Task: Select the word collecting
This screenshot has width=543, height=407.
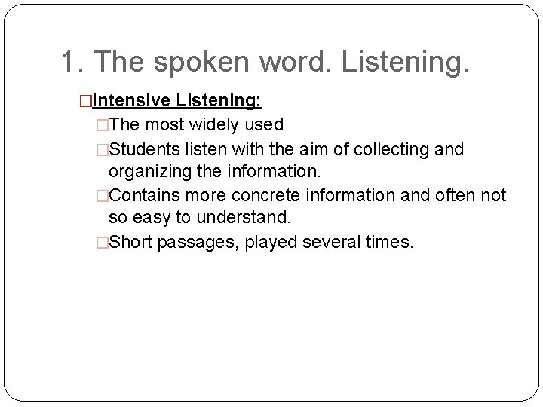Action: (393, 149)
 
